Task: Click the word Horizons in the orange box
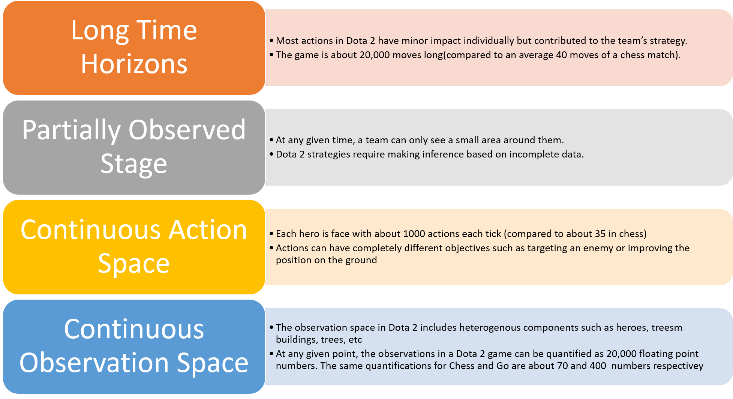[x=134, y=64]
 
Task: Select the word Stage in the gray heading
[x=134, y=163]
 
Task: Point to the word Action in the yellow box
[x=208, y=229]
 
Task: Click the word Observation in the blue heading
[x=94, y=363]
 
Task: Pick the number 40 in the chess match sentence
[x=561, y=55]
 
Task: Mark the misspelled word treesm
[x=667, y=328]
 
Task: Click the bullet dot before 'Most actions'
[x=272, y=41]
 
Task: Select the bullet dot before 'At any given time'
[x=272, y=140]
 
